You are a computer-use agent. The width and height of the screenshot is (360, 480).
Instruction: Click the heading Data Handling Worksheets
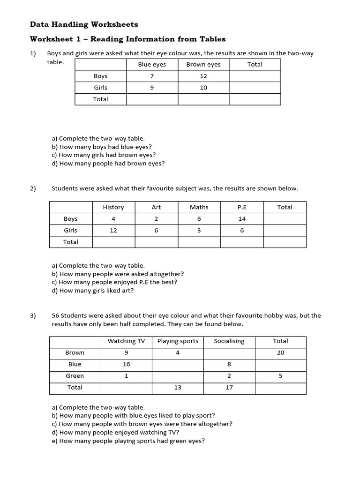click(84, 24)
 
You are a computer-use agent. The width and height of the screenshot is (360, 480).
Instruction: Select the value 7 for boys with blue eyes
click(152, 76)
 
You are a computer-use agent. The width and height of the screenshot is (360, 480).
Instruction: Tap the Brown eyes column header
click(203, 64)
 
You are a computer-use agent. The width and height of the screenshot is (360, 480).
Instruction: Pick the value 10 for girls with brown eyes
click(203, 88)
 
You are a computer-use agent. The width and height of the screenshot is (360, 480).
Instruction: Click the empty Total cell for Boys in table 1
click(255, 76)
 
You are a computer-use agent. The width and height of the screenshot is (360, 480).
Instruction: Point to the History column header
click(113, 207)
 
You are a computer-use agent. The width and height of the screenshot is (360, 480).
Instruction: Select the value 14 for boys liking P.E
click(242, 219)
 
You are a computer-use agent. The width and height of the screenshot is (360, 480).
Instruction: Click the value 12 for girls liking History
click(113, 231)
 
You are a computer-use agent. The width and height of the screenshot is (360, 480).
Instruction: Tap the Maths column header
click(199, 207)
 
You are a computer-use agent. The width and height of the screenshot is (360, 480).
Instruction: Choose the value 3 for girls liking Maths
click(199, 231)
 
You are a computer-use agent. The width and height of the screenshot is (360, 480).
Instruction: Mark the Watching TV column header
click(126, 341)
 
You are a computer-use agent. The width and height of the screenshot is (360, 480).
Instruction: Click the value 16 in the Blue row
click(126, 364)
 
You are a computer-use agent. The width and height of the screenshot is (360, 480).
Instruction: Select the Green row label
click(75, 376)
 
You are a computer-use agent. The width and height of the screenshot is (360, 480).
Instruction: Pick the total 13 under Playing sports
click(178, 388)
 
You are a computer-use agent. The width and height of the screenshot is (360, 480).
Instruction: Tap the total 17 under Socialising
click(229, 388)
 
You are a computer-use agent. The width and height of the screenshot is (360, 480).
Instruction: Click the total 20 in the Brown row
click(280, 353)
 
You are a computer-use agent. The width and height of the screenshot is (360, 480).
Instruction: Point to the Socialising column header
click(229, 341)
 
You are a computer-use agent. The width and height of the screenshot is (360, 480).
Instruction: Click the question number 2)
click(33, 188)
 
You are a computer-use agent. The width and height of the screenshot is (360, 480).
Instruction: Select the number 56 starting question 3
click(56, 316)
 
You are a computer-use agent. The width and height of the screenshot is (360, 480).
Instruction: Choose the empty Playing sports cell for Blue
click(178, 364)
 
